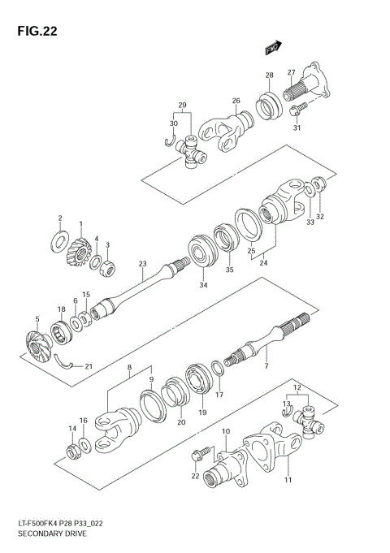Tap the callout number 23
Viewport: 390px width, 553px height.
click(x=142, y=263)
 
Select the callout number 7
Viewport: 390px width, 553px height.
click(x=266, y=368)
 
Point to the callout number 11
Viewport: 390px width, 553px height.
click(x=287, y=481)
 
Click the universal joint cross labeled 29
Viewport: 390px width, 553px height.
click(x=193, y=151)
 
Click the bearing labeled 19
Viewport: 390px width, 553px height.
click(x=196, y=382)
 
